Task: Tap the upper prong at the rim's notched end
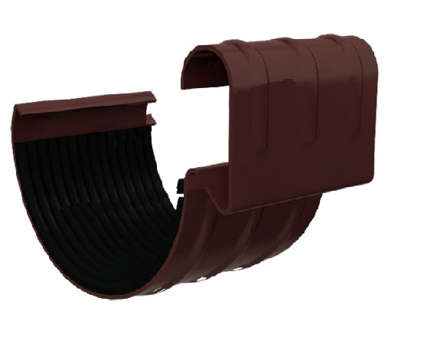point(150,98)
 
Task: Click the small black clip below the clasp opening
point(178,185)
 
